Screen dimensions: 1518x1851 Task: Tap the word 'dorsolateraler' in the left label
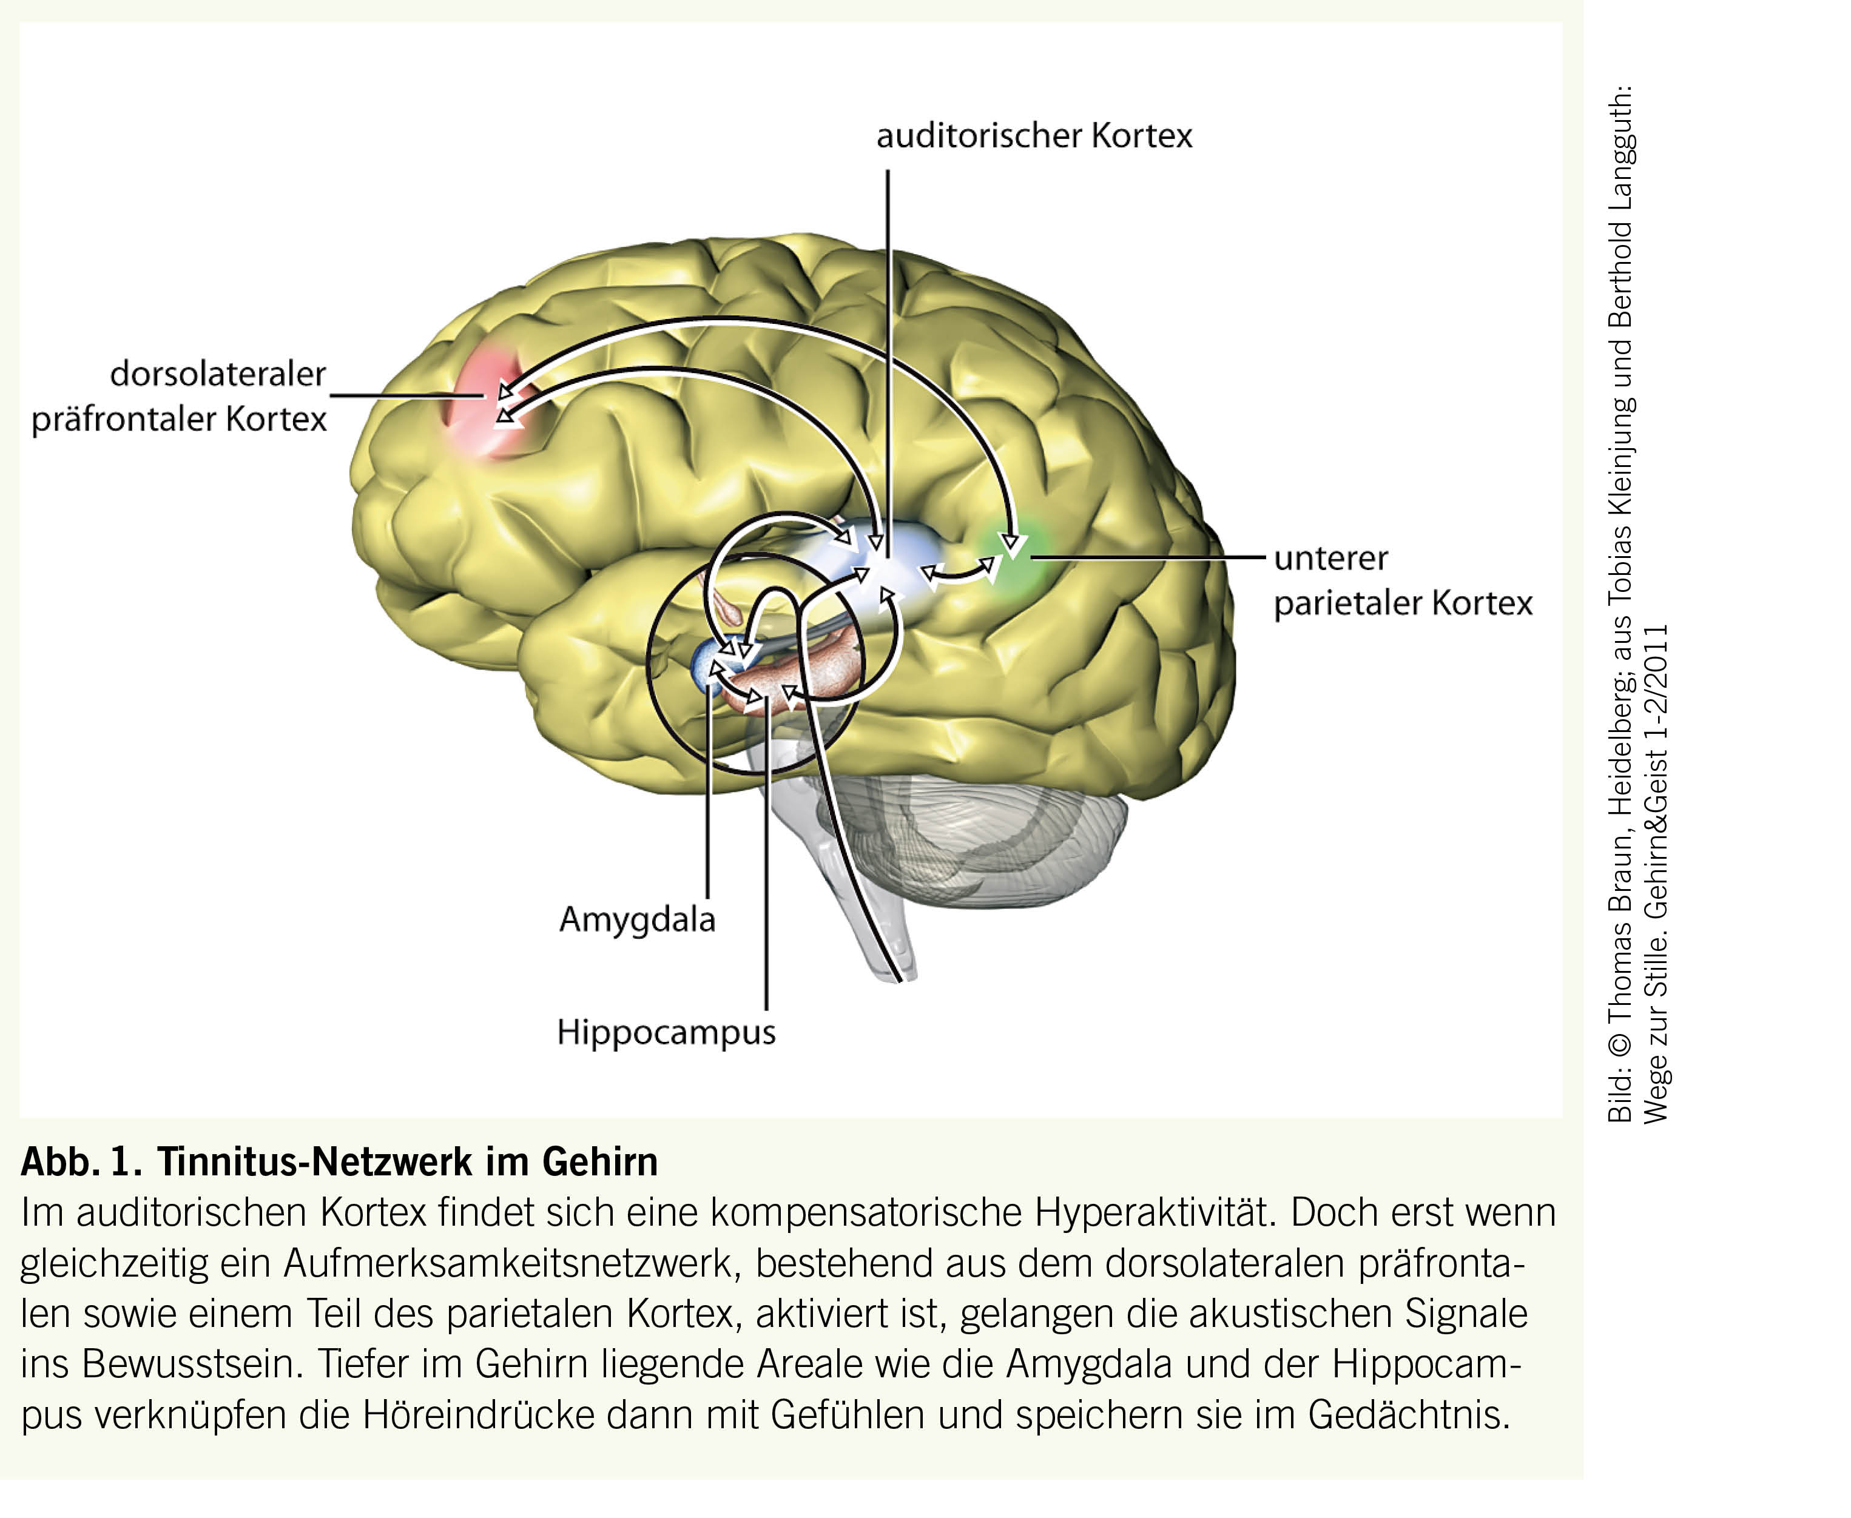(218, 374)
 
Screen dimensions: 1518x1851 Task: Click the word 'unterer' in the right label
(1330, 559)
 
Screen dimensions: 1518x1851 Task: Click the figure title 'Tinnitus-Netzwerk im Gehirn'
(408, 1162)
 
